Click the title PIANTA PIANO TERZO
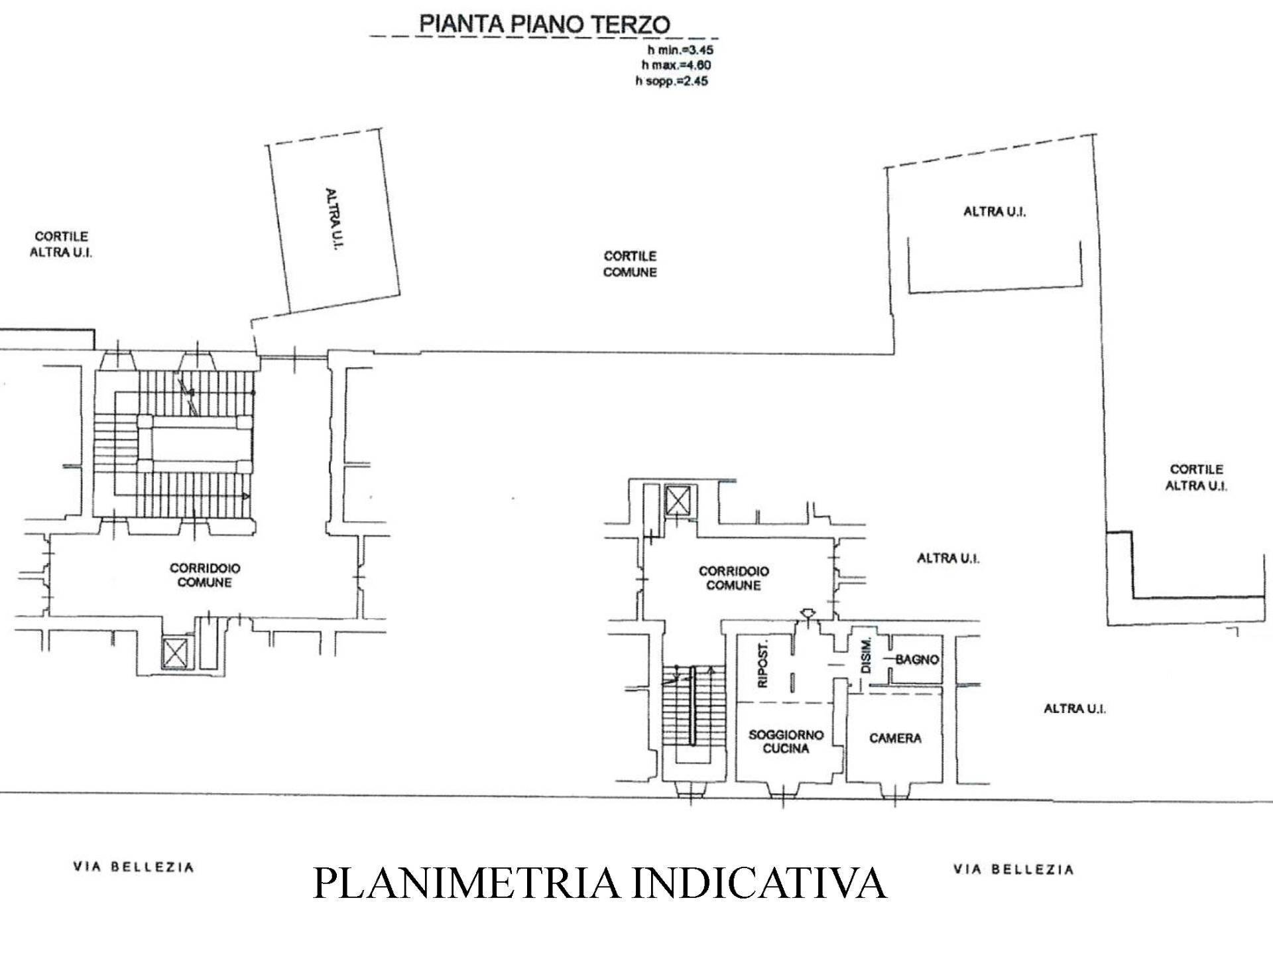(x=544, y=24)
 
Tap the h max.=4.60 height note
(x=676, y=65)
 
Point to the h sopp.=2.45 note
(x=672, y=81)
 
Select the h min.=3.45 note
(x=680, y=49)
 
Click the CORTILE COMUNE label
(x=630, y=264)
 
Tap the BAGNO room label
(x=917, y=659)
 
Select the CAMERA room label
(x=895, y=738)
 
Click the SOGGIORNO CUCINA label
(x=786, y=741)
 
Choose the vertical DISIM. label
(x=865, y=656)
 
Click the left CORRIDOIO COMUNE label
(x=205, y=575)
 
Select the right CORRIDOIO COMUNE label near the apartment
(x=733, y=578)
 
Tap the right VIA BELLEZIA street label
(x=1013, y=869)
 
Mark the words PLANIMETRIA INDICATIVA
(x=599, y=881)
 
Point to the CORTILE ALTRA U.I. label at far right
(x=1196, y=477)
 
